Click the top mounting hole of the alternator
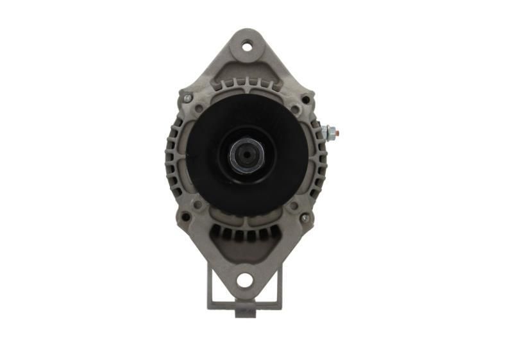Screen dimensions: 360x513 click(246, 46)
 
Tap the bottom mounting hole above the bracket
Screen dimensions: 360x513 click(244, 280)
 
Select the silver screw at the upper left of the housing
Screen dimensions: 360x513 click(188, 98)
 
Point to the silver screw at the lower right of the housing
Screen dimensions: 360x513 click(305, 218)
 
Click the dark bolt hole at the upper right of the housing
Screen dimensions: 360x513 click(306, 100)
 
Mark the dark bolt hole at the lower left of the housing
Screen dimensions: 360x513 click(186, 217)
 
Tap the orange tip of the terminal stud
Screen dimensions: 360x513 click(337, 133)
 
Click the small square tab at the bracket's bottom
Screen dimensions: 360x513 click(244, 313)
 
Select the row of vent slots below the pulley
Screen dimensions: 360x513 click(246, 234)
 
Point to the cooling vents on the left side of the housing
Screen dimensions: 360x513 click(173, 158)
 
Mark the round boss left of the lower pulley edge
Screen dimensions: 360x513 click(198, 205)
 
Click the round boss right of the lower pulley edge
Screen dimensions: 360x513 click(294, 206)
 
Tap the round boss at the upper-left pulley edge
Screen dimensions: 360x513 click(199, 110)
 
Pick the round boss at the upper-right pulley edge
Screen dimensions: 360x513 click(294, 110)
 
